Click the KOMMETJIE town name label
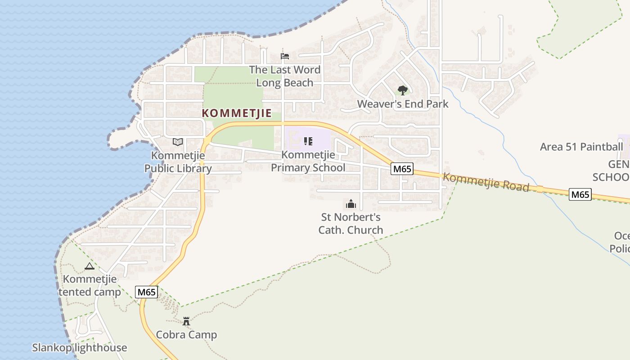coord(237,113)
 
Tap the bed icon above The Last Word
coord(284,57)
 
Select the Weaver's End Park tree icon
coord(403,90)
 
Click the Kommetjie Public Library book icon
coord(178,142)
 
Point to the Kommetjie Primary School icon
coord(308,142)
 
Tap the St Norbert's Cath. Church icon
coord(351,204)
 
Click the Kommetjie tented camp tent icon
coord(90,266)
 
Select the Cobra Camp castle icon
coord(186,321)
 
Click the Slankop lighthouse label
coord(80,348)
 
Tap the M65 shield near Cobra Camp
coord(147,292)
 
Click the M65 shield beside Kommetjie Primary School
coord(402,169)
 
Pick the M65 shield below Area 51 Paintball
coord(580,194)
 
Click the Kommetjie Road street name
coord(486,182)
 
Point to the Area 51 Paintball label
coord(581,147)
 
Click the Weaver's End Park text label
coord(403,104)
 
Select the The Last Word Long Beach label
coord(285,76)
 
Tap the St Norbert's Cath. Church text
coord(351,224)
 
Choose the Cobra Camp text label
coord(186,335)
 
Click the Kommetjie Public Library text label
coord(178,162)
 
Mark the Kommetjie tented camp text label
coord(90,285)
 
